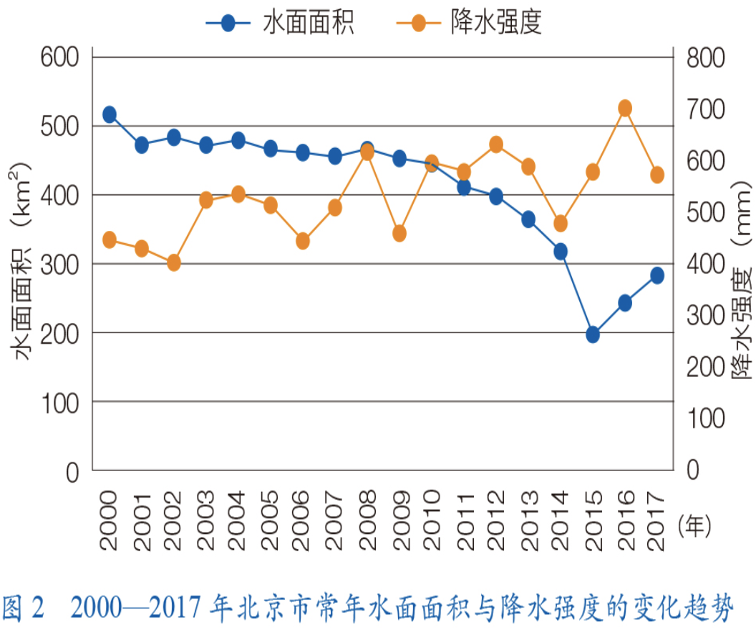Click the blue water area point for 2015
pyautogui.click(x=593, y=334)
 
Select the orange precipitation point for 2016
pyautogui.click(x=624, y=108)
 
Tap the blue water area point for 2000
pyautogui.click(x=110, y=114)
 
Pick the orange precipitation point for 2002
pyautogui.click(x=174, y=262)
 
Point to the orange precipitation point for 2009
pyautogui.click(x=399, y=233)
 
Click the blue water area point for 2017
pyautogui.click(x=657, y=275)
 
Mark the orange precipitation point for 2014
pyautogui.click(x=561, y=223)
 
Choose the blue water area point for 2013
pyautogui.click(x=528, y=219)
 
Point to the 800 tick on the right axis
pyautogui.click(x=706, y=58)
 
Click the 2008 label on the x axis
pyautogui.click(x=367, y=520)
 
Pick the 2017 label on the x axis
pyautogui.click(x=657, y=520)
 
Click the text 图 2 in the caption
pyautogui.click(x=23, y=609)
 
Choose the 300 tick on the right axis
pyautogui.click(x=706, y=315)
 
